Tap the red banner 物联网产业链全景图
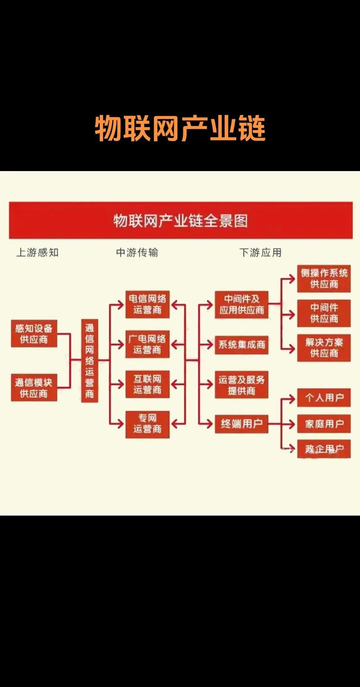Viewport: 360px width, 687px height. tap(180, 221)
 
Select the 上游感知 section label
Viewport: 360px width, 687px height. tap(37, 253)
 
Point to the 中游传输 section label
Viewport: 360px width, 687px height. tap(137, 253)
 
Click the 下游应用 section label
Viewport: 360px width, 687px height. tap(260, 253)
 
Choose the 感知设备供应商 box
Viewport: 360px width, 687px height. tap(34, 334)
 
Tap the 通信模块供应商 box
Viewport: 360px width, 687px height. tap(34, 388)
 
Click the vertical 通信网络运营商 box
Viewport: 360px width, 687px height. tap(90, 360)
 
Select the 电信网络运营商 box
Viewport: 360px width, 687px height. tap(148, 304)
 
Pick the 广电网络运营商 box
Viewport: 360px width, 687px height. tap(148, 344)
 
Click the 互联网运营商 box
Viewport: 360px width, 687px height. tap(148, 384)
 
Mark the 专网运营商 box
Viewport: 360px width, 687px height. tap(148, 424)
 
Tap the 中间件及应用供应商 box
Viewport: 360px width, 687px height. tap(242, 304)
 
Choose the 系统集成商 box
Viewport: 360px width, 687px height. tap(242, 345)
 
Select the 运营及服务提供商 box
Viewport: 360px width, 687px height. tap(242, 385)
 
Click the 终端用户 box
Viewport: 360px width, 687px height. tap(242, 424)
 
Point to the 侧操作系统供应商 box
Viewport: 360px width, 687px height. tap(324, 279)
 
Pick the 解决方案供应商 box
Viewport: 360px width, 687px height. tap(324, 348)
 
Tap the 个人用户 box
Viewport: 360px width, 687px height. tap(324, 398)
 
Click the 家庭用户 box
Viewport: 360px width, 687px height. tap(324, 424)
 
